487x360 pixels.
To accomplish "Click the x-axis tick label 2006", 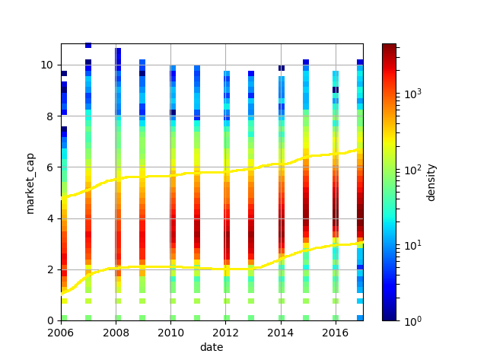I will coord(61,333).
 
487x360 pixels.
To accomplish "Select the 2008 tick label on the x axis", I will coord(116,333).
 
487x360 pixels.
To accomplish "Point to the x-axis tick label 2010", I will coord(170,333).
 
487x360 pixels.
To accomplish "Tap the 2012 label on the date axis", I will coord(226,333).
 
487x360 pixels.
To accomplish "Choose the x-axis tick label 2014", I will coord(281,333).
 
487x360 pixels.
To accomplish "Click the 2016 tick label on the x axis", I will coord(336,333).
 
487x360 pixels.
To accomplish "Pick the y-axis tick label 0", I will coord(52,320).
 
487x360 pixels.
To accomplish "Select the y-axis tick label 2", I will coord(52,269).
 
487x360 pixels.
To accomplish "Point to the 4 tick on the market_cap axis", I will coord(52,218).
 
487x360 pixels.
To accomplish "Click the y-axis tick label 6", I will coord(52,167).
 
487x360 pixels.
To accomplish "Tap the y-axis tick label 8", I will coord(52,116).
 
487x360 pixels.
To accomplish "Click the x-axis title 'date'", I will coord(212,347).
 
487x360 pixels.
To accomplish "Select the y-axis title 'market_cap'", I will coord(31,182).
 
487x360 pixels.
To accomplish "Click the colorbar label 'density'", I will coord(431,182).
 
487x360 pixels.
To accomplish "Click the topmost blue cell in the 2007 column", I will coord(88,46).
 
